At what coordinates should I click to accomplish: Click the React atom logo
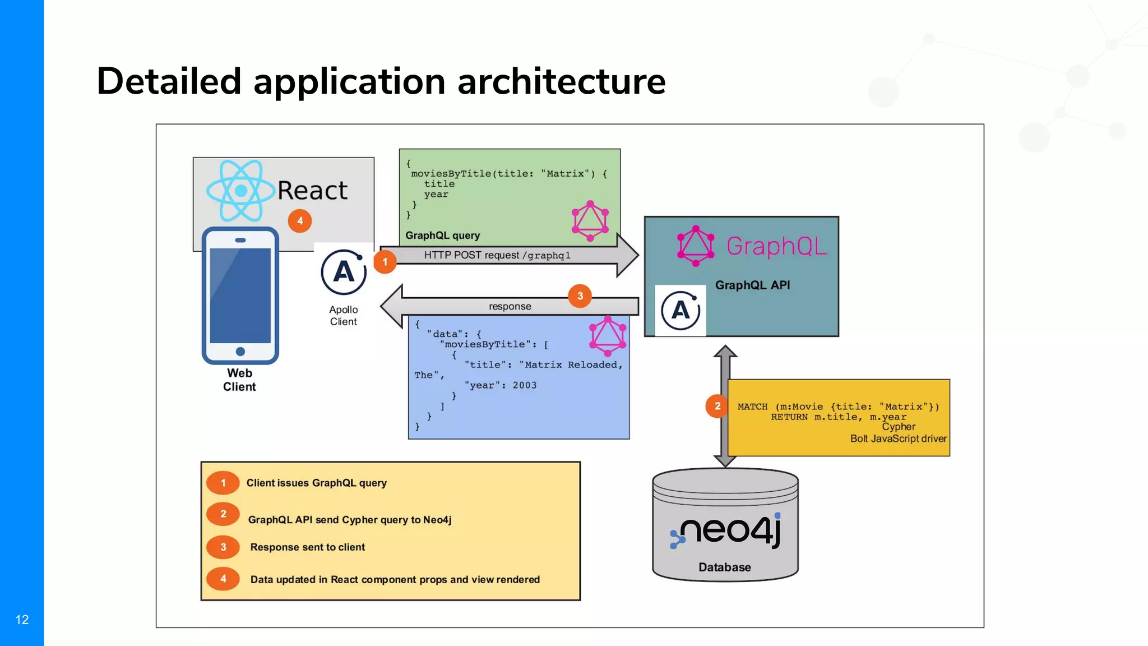coord(240,191)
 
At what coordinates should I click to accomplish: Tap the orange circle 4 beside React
coord(300,221)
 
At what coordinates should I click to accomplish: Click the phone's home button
coord(240,352)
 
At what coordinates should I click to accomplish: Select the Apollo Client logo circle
coord(344,273)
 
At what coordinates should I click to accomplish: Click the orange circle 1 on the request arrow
coord(385,262)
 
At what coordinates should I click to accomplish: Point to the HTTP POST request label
coord(497,255)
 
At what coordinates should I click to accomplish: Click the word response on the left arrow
coord(510,306)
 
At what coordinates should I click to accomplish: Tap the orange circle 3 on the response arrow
coord(580,296)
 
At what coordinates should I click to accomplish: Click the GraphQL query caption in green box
coord(442,236)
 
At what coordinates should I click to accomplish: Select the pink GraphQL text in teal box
coord(776,246)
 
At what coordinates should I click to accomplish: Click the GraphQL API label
coord(752,285)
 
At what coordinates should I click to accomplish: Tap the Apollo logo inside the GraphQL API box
coord(681,310)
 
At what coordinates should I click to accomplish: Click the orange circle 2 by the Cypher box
coord(717,406)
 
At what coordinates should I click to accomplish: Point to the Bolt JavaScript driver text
coord(898,439)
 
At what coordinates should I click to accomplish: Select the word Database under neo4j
coord(724,567)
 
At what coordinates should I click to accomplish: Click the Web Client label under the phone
coord(239,380)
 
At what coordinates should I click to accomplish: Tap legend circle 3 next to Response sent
coord(223,547)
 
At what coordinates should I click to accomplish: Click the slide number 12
coord(22,620)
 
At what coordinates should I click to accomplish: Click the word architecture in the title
coord(561,81)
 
